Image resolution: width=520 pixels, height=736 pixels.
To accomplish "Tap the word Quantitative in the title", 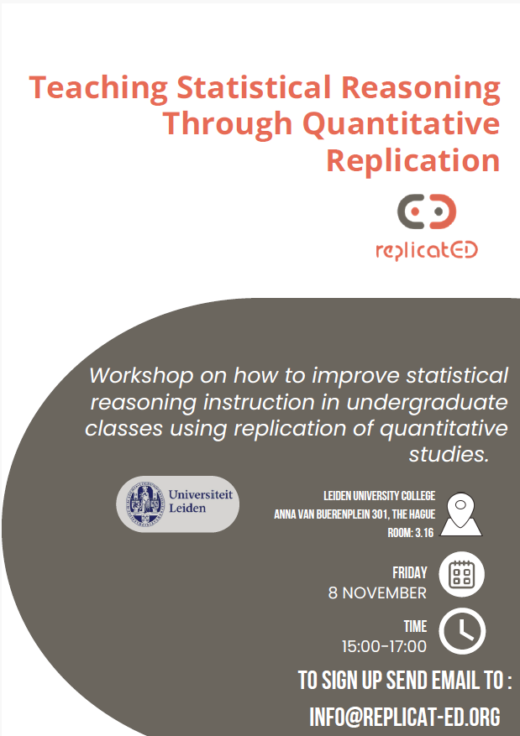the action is click(402, 123).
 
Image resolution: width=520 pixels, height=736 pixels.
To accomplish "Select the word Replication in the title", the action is click(413, 159).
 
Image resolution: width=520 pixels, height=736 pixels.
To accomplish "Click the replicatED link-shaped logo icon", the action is click(427, 211).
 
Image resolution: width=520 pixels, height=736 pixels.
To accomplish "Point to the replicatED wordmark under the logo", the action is click(427, 250).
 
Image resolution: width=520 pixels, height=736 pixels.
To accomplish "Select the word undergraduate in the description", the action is click(427, 403).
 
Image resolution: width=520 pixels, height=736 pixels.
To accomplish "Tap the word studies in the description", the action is click(449, 454).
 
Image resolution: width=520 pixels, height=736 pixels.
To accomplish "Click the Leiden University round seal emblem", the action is click(145, 504).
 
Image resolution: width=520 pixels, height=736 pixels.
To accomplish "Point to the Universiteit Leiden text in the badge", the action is click(201, 501).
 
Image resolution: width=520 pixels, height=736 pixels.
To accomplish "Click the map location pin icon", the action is click(461, 514).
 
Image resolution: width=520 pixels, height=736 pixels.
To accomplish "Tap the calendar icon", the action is click(462, 574).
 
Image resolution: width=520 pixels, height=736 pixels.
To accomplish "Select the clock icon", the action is click(462, 631).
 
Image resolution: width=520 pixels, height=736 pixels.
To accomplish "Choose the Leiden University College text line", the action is click(379, 496).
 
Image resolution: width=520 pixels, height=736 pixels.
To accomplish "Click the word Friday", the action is click(410, 572).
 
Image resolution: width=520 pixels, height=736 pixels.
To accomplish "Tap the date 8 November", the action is click(377, 592).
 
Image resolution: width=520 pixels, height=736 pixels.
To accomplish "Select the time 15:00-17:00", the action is click(384, 646).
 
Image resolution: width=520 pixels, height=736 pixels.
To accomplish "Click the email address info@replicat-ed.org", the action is click(405, 717).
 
